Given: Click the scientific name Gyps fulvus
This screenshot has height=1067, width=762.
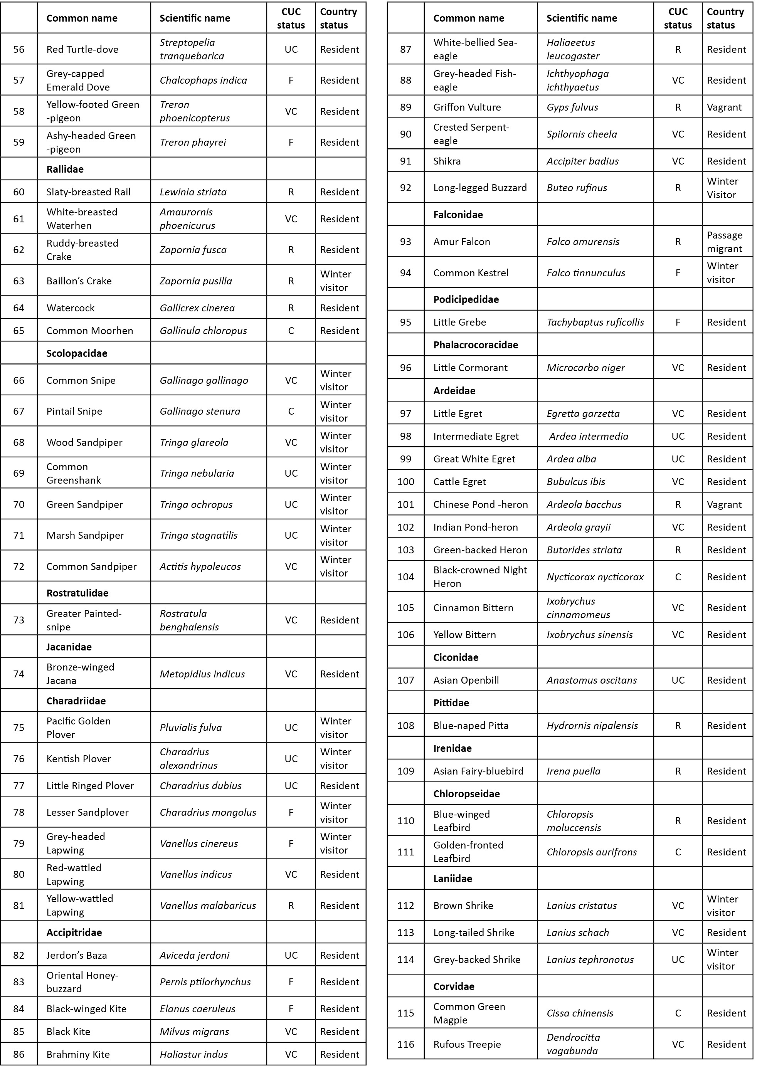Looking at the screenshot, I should pyautogui.click(x=572, y=107).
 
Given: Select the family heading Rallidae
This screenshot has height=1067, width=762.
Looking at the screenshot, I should pyautogui.click(x=65, y=169).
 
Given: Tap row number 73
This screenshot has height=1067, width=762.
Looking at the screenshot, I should pyautogui.click(x=19, y=620).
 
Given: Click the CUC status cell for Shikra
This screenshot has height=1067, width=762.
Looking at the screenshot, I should pyautogui.click(x=678, y=161).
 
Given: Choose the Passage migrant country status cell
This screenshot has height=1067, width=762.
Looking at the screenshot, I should pyautogui.click(x=725, y=242).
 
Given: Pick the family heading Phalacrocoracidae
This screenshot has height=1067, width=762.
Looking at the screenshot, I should pyautogui.click(x=475, y=345).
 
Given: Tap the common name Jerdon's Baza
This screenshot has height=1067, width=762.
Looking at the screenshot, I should pyautogui.click(x=76, y=955).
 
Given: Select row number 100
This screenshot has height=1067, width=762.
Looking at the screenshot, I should pyautogui.click(x=405, y=482).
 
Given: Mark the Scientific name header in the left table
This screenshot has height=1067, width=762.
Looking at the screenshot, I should pyautogui.click(x=195, y=18).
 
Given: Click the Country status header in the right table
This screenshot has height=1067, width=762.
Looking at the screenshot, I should pyautogui.click(x=725, y=18).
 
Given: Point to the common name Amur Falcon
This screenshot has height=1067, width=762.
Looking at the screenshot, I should pyautogui.click(x=461, y=242).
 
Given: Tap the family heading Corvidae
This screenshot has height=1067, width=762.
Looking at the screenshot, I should pyautogui.click(x=454, y=986).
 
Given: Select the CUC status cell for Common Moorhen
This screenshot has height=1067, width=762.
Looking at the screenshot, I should pyautogui.click(x=291, y=331).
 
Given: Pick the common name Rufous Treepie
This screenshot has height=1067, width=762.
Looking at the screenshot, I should pyautogui.click(x=467, y=1044).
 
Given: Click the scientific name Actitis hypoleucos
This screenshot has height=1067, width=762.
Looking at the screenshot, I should pyautogui.click(x=200, y=566).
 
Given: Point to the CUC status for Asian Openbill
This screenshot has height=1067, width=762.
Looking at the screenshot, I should pyautogui.click(x=678, y=680).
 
